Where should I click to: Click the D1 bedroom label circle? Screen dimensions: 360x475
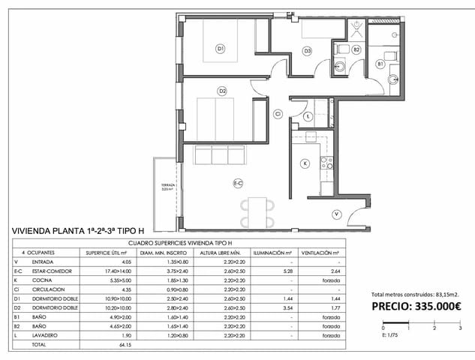click(x=221, y=49)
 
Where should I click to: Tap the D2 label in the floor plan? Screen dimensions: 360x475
click(x=222, y=91)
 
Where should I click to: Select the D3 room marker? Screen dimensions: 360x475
click(x=308, y=51)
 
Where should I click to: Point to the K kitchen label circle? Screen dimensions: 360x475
click(x=305, y=163)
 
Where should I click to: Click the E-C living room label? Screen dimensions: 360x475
click(x=237, y=182)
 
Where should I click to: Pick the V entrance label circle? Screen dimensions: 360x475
click(x=337, y=214)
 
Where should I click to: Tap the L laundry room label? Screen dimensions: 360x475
click(x=309, y=115)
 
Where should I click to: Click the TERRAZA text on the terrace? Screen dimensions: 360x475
click(x=167, y=185)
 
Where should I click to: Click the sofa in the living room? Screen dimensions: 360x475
click(x=220, y=155)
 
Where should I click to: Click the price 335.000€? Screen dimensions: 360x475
click(x=416, y=305)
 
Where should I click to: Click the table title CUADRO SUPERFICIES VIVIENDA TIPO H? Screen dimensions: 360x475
click(x=179, y=244)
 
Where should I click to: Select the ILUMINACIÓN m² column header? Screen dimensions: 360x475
click(x=271, y=253)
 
